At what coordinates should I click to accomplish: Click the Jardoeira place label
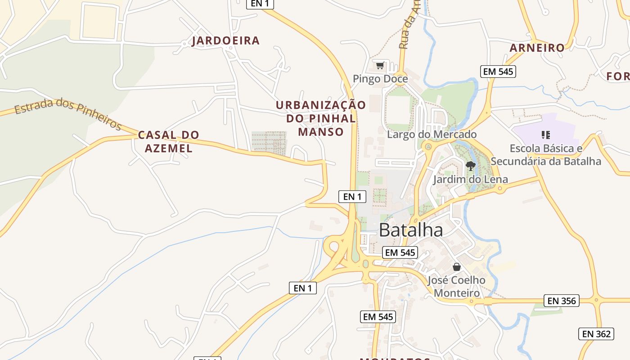pos(226,41)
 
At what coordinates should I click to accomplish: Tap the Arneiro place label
pos(537,48)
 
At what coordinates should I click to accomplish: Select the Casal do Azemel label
pos(168,141)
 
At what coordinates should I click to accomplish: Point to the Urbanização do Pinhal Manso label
pos(321,118)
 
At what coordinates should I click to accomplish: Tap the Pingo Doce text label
pos(380,79)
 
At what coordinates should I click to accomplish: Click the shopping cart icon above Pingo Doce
pos(380,66)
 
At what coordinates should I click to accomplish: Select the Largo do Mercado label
pos(432,134)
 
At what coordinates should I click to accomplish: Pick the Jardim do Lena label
pos(470,179)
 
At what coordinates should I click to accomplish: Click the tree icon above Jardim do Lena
pos(471,166)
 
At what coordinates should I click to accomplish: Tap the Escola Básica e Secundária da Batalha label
pos(546,154)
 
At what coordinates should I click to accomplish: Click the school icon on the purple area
pos(546,135)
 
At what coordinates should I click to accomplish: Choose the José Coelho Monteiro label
pos(456,287)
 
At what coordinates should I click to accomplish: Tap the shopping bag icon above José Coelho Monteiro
pos(457,267)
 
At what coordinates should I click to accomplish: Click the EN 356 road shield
pos(561,301)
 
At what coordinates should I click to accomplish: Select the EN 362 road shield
pos(596,333)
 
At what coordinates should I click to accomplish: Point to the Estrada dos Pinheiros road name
pos(67,112)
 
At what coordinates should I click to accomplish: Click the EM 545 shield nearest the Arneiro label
pos(498,71)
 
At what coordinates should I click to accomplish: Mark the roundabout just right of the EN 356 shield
pos(596,300)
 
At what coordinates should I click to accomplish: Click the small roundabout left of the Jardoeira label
pos(184,44)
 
